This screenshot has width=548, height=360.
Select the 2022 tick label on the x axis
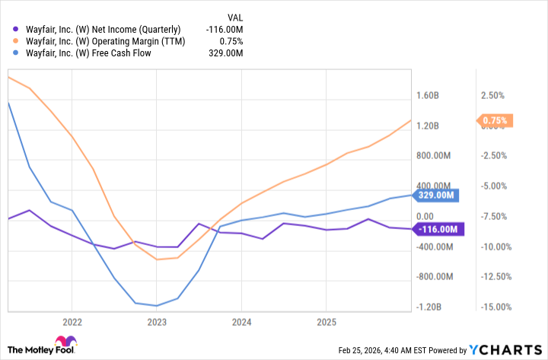[72, 322]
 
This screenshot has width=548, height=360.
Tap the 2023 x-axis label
[157, 322]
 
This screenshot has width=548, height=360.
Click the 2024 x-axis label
[241, 322]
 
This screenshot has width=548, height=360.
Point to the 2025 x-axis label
[326, 322]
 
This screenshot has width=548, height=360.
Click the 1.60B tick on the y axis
[428, 96]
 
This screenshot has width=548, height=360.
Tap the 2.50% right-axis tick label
[493, 96]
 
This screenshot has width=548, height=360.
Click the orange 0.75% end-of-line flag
[495, 120]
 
